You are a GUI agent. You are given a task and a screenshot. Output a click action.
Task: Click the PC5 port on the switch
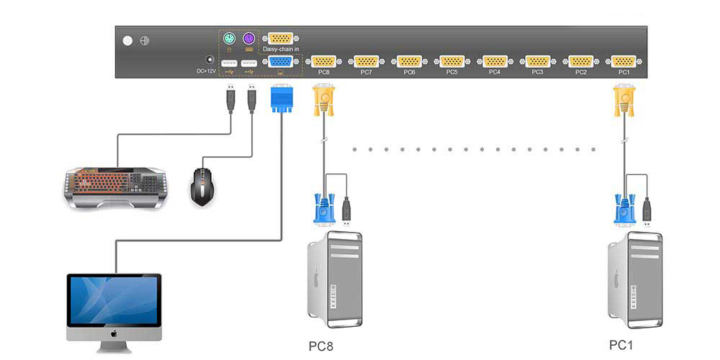[452, 62]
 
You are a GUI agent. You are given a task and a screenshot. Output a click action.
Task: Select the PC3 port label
[538, 72]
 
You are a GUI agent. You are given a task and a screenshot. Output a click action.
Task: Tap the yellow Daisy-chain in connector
[280, 39]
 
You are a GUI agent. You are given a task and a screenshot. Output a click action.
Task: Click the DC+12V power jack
[211, 61]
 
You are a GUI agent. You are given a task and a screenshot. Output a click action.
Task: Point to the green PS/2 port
[228, 38]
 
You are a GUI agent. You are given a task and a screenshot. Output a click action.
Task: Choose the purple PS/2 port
[249, 38]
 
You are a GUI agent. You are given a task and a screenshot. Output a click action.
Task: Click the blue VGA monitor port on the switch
[280, 62]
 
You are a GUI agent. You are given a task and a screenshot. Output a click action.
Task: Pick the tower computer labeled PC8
[335, 274]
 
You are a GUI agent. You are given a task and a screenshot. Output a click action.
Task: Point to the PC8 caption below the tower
[322, 346]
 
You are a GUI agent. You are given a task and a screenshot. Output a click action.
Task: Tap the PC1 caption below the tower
[621, 345]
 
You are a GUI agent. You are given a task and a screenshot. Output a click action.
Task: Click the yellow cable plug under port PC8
[323, 99]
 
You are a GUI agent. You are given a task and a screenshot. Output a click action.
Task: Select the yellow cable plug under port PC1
[624, 99]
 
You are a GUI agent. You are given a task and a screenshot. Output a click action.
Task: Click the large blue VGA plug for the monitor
[280, 98]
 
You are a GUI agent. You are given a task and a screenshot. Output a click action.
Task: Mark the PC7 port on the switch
[366, 62]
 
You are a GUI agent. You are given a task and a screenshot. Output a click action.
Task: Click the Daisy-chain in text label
[281, 49]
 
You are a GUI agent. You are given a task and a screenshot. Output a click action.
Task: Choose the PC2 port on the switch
[581, 62]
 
